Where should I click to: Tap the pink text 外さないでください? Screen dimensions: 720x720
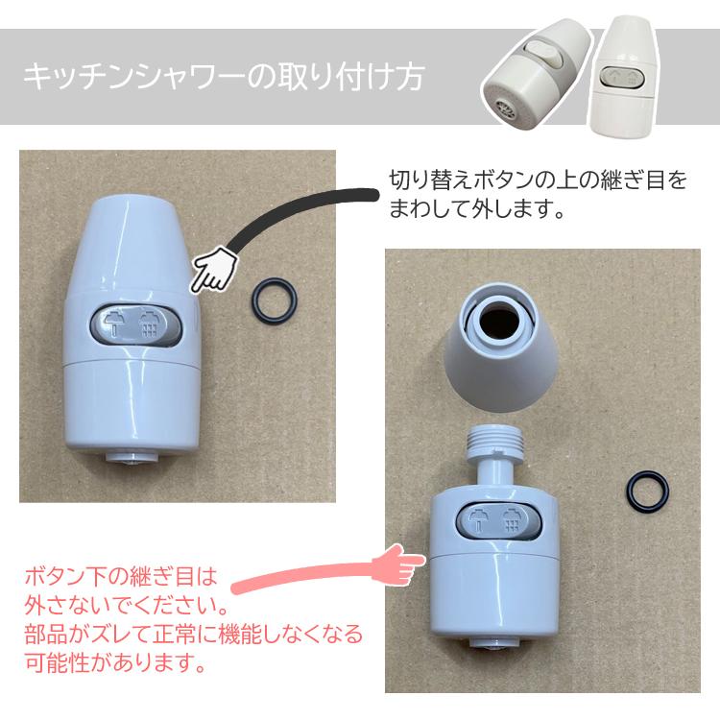(125, 608)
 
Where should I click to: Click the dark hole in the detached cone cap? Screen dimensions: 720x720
(501, 322)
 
